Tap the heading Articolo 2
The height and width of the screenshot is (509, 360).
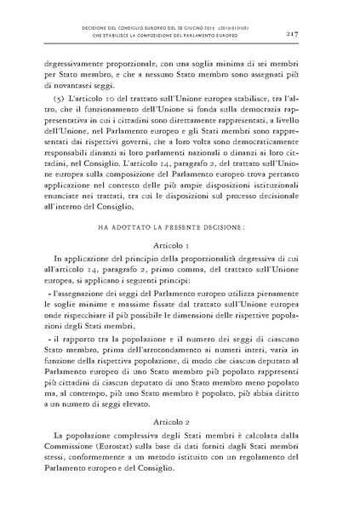point(180,422)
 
